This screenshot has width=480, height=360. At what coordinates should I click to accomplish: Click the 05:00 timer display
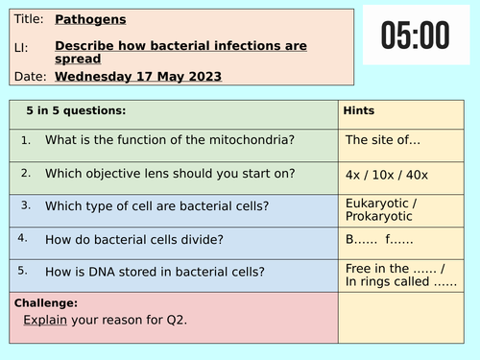415,36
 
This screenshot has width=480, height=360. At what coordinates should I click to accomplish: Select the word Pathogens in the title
90,18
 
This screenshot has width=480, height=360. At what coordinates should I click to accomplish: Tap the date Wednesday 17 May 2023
138,76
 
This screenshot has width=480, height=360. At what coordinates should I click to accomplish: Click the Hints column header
359,110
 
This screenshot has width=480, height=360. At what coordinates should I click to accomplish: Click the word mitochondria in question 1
251,140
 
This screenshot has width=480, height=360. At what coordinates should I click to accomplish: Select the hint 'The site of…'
383,140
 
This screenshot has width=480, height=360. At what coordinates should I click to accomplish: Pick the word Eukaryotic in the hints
377,203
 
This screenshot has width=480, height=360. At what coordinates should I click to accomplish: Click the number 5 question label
25,270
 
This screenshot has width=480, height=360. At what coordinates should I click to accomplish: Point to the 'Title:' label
28,18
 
